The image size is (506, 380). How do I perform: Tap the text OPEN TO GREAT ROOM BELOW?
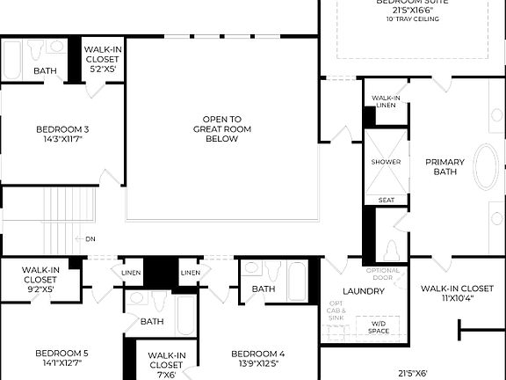pyautogui.click(x=221, y=128)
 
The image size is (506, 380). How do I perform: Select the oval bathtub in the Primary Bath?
pyautogui.click(x=486, y=168)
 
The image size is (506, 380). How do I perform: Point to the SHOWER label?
pyautogui.click(x=386, y=162)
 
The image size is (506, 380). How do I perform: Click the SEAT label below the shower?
pyautogui.click(x=386, y=200)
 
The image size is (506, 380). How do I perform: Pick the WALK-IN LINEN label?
pyautogui.click(x=386, y=101)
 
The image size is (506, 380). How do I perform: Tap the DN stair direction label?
pyautogui.click(x=90, y=238)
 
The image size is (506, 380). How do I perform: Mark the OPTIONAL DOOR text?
pyautogui.click(x=382, y=274)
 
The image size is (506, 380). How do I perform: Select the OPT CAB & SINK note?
pyautogui.click(x=337, y=312)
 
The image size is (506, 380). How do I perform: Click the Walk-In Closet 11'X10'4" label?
pyautogui.click(x=456, y=293)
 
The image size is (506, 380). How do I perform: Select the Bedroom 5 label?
pyautogui.click(x=61, y=358)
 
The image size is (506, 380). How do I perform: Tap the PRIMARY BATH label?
pyautogui.click(x=445, y=167)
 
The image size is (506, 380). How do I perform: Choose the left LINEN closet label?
pyautogui.click(x=132, y=274)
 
